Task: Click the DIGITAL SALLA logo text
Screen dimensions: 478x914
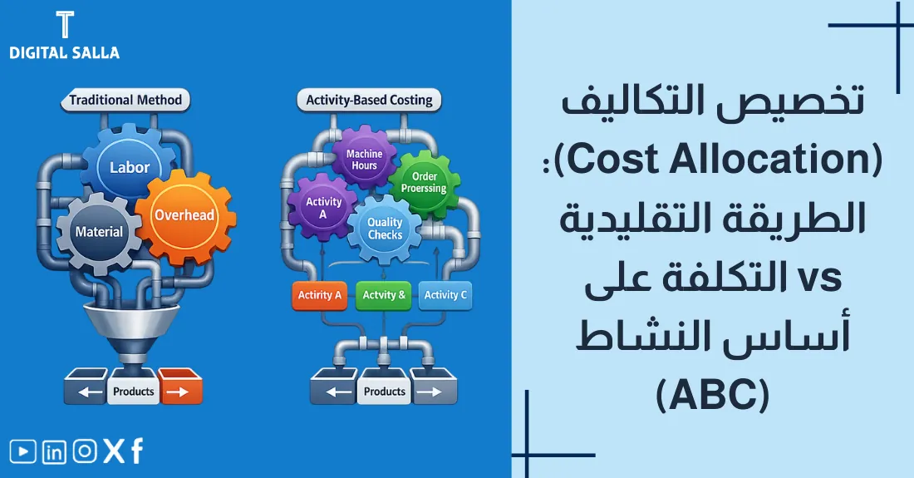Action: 64,52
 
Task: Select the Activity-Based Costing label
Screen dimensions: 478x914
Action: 369,101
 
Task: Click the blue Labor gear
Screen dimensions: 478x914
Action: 130,167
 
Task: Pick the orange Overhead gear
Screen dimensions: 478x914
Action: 184,215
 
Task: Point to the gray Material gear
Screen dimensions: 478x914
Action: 99,232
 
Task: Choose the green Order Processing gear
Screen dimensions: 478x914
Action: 424,182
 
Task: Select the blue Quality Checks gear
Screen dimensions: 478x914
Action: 385,229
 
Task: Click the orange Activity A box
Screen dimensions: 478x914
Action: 320,295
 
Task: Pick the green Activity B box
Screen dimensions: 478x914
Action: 384,295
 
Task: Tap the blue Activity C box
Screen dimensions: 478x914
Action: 445,295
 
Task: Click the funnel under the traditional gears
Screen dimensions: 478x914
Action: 133,328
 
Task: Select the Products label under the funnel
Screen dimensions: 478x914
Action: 133,391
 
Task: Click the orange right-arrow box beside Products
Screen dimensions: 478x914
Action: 179,391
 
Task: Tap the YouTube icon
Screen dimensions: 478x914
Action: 22,451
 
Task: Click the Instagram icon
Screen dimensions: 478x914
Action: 85,451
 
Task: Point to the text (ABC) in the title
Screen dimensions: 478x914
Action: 713,395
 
